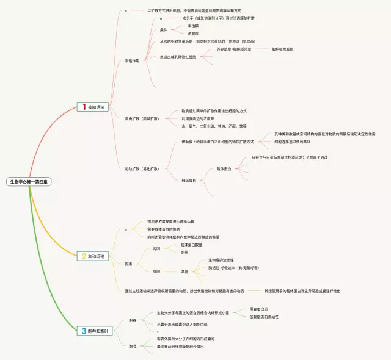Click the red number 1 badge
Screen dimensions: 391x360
point(84,107)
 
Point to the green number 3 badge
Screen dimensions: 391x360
point(84,331)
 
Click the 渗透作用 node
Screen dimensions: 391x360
point(132,61)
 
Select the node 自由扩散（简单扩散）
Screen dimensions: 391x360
point(142,118)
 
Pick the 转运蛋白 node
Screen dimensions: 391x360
point(189,181)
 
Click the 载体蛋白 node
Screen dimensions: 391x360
point(224,168)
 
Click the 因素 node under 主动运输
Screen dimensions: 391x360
point(128,264)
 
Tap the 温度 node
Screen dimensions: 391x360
point(184,272)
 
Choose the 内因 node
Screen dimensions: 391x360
point(156,248)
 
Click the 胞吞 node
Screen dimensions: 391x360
point(133,320)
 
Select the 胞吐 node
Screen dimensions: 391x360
point(133,345)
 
